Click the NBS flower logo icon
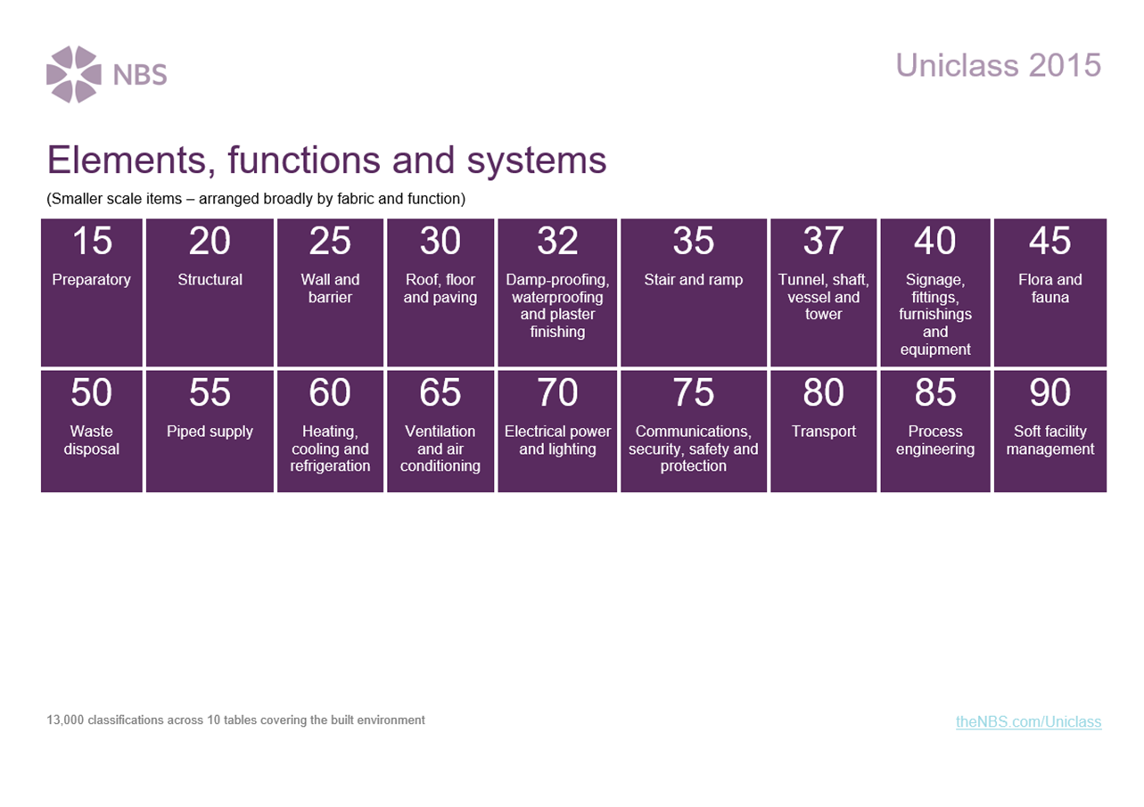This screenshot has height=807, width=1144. tap(73, 75)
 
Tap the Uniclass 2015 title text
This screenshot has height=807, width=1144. tap(998, 65)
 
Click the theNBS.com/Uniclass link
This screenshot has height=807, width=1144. tap(1029, 721)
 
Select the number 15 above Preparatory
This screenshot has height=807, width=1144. tap(92, 241)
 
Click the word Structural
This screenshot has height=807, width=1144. tap(210, 279)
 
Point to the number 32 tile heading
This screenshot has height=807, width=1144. tap(557, 241)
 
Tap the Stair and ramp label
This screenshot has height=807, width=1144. tap(693, 279)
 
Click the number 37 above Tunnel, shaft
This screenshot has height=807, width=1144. tap(823, 241)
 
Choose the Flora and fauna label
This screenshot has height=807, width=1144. tap(1050, 288)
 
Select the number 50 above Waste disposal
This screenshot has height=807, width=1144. tap(92, 392)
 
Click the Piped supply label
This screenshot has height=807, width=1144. tap(210, 432)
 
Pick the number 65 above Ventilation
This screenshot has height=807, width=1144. tap(440, 392)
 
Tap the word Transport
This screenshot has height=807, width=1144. tap(823, 431)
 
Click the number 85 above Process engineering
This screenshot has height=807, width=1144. tap(935, 392)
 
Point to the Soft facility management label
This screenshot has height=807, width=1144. tap(1050, 440)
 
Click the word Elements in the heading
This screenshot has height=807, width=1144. tap(131, 160)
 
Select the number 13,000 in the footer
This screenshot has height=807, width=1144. tap(65, 721)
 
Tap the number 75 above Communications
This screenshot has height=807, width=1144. tap(693, 392)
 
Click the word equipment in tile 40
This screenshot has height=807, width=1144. tap(935, 350)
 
